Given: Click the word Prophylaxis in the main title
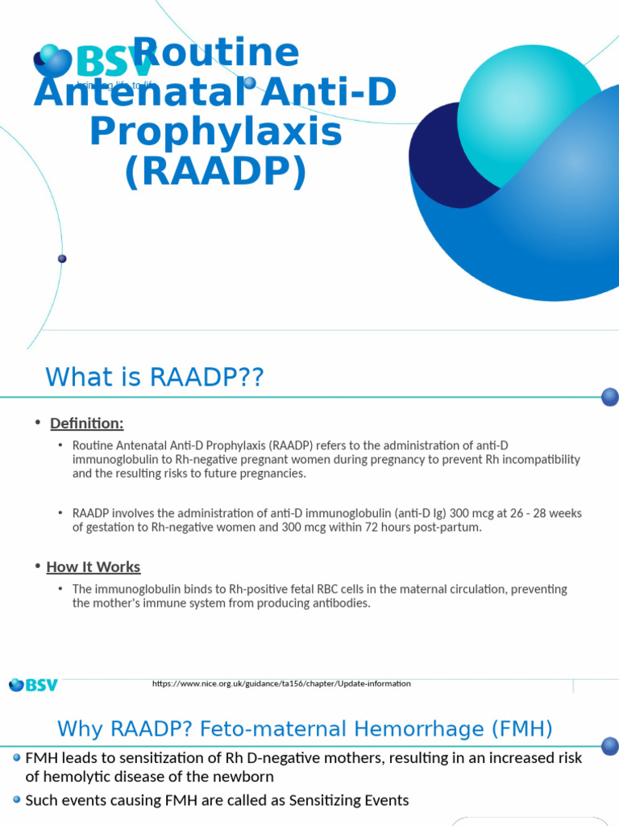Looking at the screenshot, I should [216, 132].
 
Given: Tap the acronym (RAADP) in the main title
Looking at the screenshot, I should [216, 172].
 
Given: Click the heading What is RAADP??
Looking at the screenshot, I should [155, 377].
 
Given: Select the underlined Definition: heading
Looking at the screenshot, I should [87, 423].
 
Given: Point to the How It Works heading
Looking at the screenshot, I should [93, 567].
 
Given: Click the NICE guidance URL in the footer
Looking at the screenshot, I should [281, 684].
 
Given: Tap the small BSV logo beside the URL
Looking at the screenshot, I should [33, 685].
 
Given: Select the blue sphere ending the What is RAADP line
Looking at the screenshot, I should [610, 397].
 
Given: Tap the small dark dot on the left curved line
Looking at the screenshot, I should [62, 259].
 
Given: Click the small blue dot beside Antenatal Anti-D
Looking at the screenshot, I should [250, 82].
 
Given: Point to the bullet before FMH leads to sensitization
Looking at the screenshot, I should [17, 758].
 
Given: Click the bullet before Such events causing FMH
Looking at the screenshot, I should [17, 800].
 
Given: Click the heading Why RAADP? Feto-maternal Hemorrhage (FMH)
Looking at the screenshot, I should [305, 730].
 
